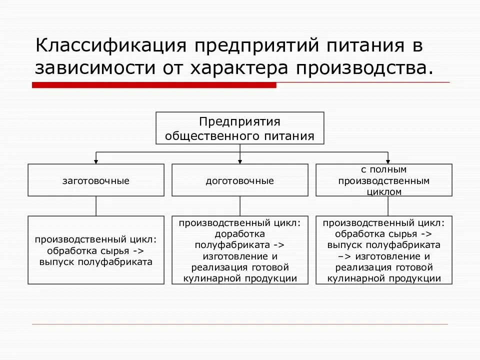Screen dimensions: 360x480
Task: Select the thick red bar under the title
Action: click(x=154, y=85)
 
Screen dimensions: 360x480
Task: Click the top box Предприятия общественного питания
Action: click(x=240, y=128)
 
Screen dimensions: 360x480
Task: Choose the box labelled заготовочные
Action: click(x=96, y=180)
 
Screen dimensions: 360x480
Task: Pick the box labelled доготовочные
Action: click(x=240, y=180)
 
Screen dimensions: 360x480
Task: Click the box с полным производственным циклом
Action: click(x=384, y=180)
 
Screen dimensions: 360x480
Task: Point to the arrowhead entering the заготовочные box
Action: click(x=96, y=161)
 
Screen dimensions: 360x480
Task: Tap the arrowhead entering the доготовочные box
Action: click(x=240, y=161)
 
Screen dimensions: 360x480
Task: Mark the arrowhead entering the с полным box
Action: click(x=389, y=161)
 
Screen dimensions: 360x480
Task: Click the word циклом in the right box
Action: click(x=384, y=191)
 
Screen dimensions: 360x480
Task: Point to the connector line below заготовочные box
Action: click(x=96, y=206)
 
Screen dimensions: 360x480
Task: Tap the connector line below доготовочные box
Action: click(x=240, y=206)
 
